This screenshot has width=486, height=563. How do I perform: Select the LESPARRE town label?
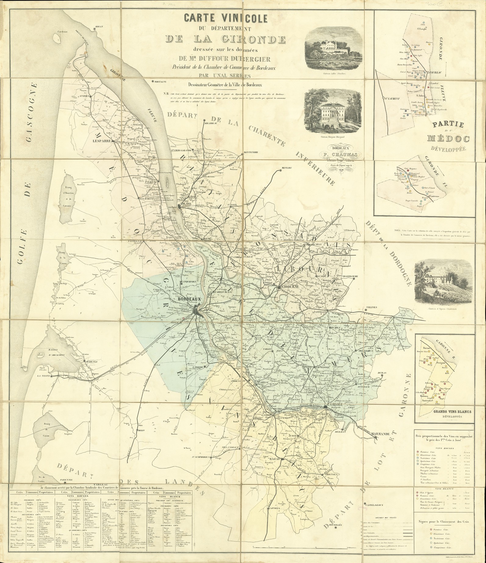103,142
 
